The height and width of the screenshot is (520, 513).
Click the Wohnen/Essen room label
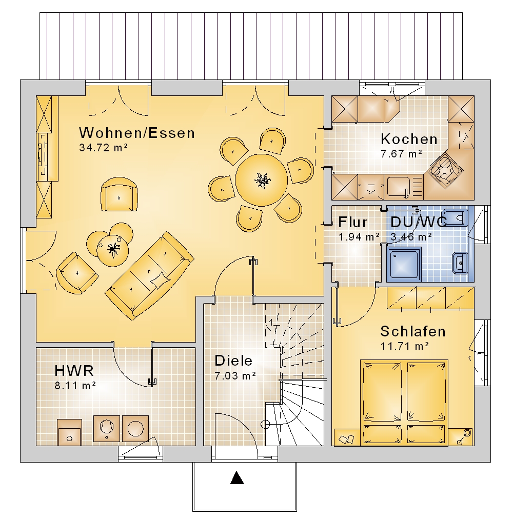pos(136,133)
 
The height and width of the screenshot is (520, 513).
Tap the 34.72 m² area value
pos(103,148)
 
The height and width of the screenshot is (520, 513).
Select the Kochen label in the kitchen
pos(409,139)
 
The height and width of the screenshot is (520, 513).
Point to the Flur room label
pos(353,222)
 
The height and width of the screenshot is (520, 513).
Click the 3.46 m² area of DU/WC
pos(411,237)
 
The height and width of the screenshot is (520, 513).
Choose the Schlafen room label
pos(412,331)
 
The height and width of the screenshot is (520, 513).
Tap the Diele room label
pos(233,361)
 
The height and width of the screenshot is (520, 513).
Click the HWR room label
pos(74,371)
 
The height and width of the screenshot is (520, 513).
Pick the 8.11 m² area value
pos(75,386)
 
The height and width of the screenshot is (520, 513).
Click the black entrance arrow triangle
pos(237,477)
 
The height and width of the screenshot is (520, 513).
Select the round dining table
pos(262,180)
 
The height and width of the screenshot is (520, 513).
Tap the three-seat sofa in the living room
pos(149,275)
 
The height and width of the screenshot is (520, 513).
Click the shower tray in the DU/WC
pos(404,264)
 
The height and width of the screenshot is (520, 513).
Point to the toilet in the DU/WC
pos(455,218)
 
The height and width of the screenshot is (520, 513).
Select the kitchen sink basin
pos(399,187)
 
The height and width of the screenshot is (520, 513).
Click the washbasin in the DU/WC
pos(460,263)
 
